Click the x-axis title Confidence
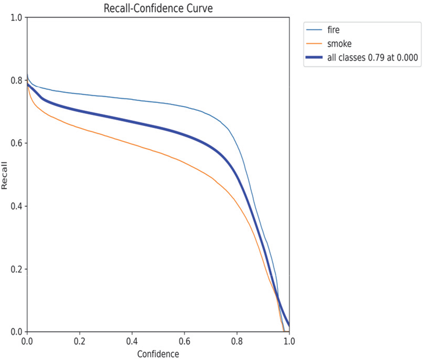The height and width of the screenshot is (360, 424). click(x=158, y=354)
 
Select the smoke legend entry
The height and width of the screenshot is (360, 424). click(x=338, y=44)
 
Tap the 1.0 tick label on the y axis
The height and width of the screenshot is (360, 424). click(x=17, y=17)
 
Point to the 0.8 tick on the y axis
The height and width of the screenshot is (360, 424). click(x=17, y=81)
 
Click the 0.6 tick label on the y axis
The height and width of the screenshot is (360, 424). click(x=17, y=144)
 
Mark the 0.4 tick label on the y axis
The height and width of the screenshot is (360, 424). click(x=17, y=206)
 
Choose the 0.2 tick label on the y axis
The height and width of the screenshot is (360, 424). click(x=17, y=269)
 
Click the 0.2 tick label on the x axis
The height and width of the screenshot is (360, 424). click(x=79, y=341)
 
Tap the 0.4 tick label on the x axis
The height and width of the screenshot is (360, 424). click(x=132, y=341)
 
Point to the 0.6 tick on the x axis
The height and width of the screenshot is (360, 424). click(x=185, y=341)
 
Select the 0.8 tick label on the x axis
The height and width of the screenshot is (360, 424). click(x=237, y=341)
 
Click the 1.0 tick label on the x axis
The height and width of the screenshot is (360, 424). click(x=289, y=341)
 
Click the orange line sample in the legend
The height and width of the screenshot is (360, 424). click(x=313, y=44)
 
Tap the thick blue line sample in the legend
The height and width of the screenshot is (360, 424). click(x=313, y=58)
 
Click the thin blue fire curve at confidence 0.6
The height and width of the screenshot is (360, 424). click(x=185, y=106)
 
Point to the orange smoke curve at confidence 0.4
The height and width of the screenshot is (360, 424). click(x=132, y=144)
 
